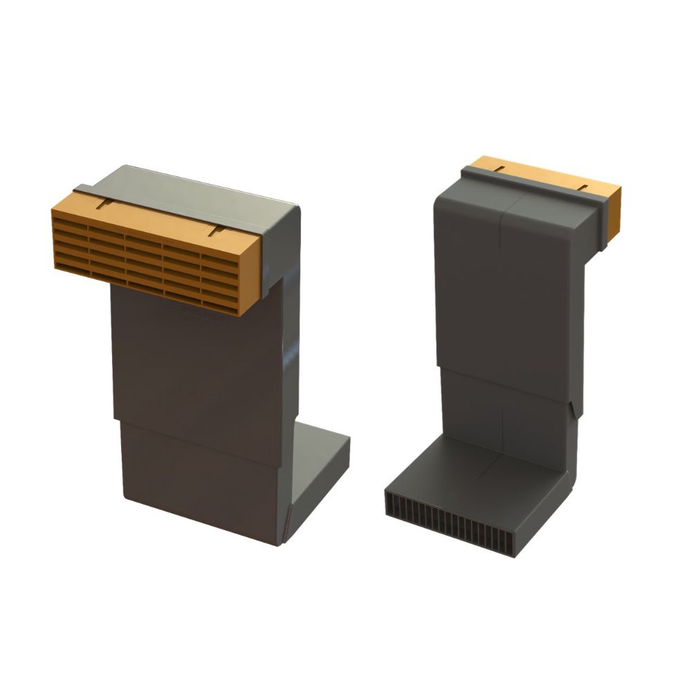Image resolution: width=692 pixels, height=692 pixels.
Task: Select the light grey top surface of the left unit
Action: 201,190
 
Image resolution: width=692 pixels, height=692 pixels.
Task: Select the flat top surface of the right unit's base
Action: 477,471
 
